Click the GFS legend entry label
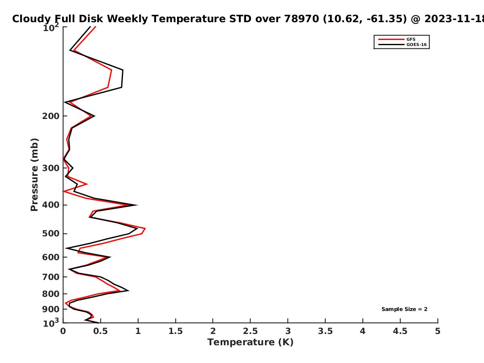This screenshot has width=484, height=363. coord(411,40)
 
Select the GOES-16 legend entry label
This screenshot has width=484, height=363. coord(417,45)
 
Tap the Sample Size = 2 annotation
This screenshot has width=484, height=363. coord(405,309)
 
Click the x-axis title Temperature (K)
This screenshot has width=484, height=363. coord(250,342)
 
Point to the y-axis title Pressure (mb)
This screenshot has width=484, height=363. coord(34,175)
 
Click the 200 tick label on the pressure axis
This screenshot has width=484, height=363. coord(51,116)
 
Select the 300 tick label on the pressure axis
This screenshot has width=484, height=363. coord(51,168)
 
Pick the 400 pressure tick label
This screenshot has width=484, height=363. coord(51,205)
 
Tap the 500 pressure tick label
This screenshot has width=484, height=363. coord(51,234)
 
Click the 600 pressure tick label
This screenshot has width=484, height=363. coord(51,257)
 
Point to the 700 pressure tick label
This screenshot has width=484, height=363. coord(51,277)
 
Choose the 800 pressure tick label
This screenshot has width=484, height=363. coord(51,294)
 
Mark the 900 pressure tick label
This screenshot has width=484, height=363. coord(51,309)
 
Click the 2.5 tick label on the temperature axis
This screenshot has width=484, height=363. coord(250,331)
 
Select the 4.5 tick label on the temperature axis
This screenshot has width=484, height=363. coord(400,331)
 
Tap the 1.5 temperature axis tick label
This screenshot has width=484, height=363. coord(175,331)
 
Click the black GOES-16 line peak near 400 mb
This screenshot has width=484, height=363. coord(137,205)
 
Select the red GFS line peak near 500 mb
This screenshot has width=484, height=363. coord(145,229)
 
